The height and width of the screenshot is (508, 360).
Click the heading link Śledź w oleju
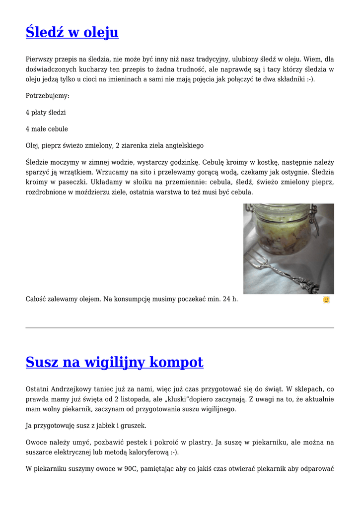click(x=72, y=32)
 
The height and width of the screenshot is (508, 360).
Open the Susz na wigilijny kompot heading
click(x=114, y=362)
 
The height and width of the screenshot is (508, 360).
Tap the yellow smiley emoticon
click(x=326, y=300)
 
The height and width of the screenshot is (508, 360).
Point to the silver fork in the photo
click(x=293, y=273)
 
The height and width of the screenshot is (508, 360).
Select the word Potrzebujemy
click(x=47, y=96)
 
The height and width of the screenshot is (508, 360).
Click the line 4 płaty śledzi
click(x=46, y=113)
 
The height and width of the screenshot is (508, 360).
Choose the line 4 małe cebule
click(x=47, y=129)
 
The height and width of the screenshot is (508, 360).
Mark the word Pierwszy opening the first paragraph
click(x=39, y=59)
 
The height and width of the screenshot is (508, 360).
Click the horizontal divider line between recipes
click(x=180, y=328)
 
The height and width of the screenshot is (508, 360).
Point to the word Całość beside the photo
click(x=38, y=299)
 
